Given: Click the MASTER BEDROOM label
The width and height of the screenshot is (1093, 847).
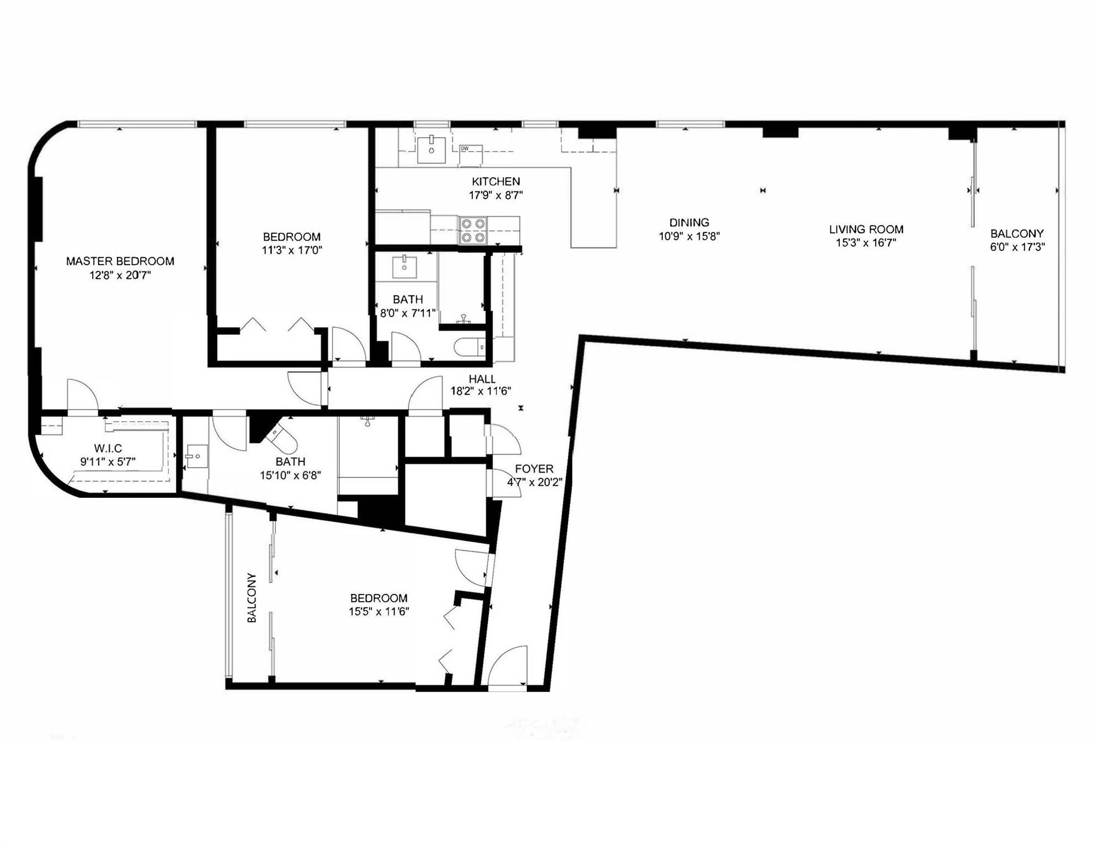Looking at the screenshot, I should pyautogui.click(x=120, y=261).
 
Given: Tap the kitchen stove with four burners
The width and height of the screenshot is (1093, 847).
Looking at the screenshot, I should pyautogui.click(x=473, y=230).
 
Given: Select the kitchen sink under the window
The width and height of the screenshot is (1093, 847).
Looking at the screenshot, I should pyautogui.click(x=431, y=149).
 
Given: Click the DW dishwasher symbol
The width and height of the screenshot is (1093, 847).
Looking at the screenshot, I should pyautogui.click(x=471, y=155).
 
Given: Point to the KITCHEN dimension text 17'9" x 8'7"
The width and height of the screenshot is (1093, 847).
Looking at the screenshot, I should pyautogui.click(x=495, y=195).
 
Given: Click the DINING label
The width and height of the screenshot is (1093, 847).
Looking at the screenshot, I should pyautogui.click(x=689, y=223).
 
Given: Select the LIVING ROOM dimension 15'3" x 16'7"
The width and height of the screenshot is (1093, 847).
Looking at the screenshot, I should pyautogui.click(x=866, y=243).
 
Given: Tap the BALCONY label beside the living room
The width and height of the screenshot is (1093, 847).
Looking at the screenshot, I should pyautogui.click(x=1017, y=234).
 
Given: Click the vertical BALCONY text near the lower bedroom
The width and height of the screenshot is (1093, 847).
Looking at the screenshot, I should pyautogui.click(x=252, y=598).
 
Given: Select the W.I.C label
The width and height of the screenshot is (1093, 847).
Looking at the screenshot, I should pyautogui.click(x=108, y=448).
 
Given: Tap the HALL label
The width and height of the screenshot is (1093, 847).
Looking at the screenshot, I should pyautogui.click(x=482, y=379).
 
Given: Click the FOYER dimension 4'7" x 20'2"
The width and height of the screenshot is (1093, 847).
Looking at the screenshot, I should pyautogui.click(x=534, y=483).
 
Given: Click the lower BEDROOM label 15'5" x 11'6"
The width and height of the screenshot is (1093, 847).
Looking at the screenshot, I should pyautogui.click(x=378, y=598).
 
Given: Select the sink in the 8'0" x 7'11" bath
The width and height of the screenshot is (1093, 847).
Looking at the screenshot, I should pyautogui.click(x=404, y=266).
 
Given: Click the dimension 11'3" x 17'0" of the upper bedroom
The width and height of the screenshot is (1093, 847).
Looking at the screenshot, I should pyautogui.click(x=291, y=250).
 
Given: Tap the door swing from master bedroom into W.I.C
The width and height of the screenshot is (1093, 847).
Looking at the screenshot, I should pyautogui.click(x=82, y=394).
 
